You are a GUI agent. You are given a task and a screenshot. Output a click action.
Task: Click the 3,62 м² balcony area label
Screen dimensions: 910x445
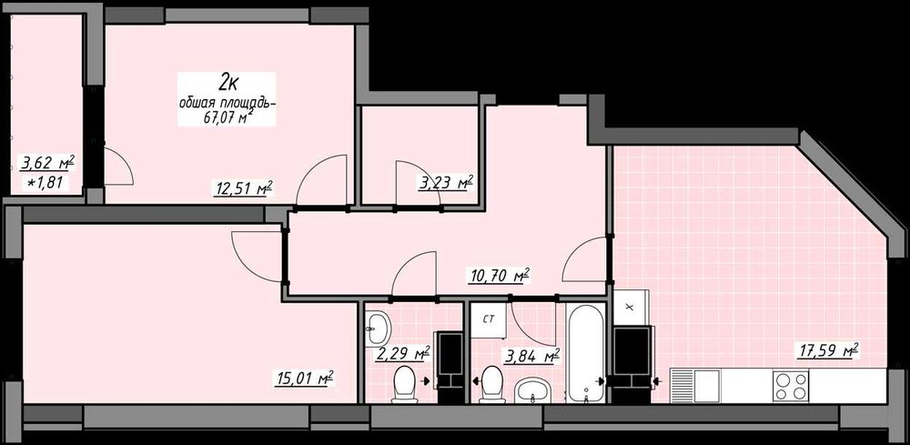click(x=47, y=163)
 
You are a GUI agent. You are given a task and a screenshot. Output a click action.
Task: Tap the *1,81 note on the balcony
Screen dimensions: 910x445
click(x=48, y=185)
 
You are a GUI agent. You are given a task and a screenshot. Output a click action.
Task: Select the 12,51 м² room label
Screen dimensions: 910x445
click(x=244, y=188)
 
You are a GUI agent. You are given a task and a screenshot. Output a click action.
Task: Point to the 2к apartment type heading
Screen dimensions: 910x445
click(x=227, y=84)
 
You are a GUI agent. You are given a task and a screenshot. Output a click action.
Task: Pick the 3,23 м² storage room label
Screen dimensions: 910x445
click(x=446, y=183)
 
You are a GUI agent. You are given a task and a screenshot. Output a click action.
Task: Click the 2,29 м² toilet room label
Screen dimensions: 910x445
click(x=401, y=353)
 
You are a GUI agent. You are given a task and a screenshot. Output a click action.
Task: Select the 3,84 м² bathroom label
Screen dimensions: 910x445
click(x=532, y=357)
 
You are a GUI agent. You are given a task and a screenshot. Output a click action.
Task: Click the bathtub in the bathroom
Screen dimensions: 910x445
click(x=585, y=353)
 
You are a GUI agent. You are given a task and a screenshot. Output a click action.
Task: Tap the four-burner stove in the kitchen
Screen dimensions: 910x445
click(x=791, y=385)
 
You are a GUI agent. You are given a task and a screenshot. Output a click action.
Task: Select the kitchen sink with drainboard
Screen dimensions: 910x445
click(x=695, y=384)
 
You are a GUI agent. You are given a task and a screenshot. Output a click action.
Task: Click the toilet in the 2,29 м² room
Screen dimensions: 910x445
click(x=405, y=384)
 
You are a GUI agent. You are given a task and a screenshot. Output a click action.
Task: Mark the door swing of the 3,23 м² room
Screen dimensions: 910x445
click(x=418, y=183)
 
